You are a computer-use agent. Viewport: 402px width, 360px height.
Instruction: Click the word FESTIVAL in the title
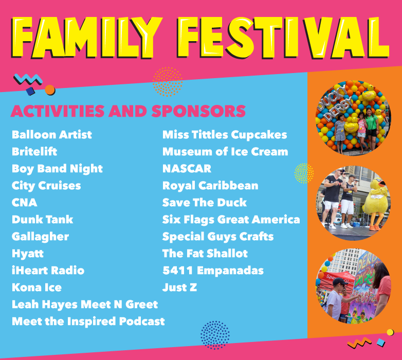point(283,37)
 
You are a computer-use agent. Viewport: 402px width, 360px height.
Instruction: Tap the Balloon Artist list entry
point(52,135)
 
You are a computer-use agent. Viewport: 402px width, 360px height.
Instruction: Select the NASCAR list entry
point(187,169)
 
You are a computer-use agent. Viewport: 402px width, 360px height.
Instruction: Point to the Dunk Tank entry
point(43,220)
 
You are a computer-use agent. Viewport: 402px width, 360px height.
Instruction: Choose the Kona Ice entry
point(36,287)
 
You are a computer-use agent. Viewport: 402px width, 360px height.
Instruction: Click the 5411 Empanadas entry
point(213,271)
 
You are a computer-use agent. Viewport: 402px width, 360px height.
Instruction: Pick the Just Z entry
point(180,287)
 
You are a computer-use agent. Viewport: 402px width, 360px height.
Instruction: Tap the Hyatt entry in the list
point(28,254)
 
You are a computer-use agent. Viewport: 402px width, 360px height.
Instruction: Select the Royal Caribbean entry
point(210,186)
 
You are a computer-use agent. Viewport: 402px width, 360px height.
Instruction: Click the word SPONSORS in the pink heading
point(199,111)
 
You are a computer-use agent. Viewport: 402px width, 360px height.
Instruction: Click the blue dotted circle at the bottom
point(215,335)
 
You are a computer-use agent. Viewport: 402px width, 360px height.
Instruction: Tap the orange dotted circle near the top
point(168,82)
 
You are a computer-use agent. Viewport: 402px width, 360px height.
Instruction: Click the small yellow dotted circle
point(304,173)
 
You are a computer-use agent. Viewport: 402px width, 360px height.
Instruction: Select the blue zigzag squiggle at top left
point(28,79)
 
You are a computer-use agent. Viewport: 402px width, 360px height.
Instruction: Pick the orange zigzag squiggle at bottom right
point(359,343)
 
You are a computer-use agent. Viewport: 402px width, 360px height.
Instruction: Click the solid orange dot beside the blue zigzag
point(50,90)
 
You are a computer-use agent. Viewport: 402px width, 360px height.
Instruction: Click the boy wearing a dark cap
point(336,299)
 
